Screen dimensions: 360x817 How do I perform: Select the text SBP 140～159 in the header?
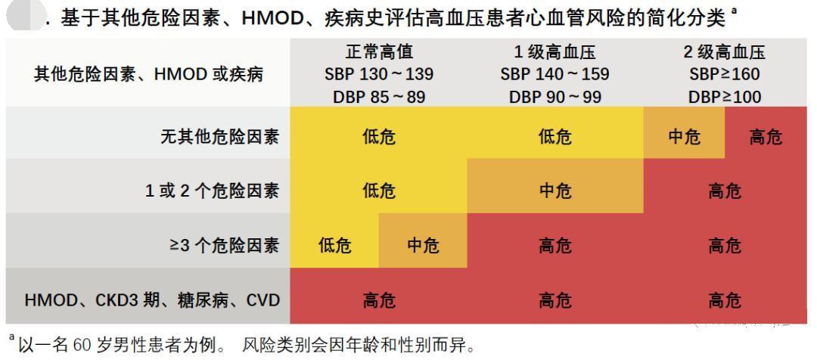pyautogui.click(x=555, y=74)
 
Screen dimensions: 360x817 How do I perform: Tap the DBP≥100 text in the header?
pyautogui.click(x=725, y=97)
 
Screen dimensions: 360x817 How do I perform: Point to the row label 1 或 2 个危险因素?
pyautogui.click(x=212, y=191)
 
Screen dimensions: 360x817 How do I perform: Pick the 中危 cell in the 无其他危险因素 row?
pyautogui.click(x=684, y=137)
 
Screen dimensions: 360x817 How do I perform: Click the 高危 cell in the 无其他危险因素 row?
pyautogui.click(x=766, y=137)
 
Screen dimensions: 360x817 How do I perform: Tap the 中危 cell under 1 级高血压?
pyautogui.click(x=555, y=191)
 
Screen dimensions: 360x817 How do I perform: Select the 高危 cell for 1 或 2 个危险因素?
pyautogui.click(x=725, y=191)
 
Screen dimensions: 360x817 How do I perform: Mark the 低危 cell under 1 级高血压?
pyautogui.click(x=555, y=137)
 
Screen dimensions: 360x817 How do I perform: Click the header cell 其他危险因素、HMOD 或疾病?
pyautogui.click(x=148, y=74)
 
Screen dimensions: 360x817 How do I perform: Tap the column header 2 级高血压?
pyautogui.click(x=725, y=51)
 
